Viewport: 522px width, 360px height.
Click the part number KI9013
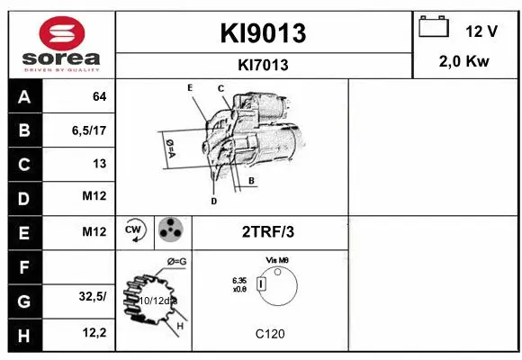264,33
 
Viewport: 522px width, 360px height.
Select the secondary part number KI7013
264,64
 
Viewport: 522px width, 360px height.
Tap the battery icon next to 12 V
434,28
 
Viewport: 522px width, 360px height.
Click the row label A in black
23,96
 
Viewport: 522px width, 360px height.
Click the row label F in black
23,266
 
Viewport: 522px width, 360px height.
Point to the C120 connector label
269,334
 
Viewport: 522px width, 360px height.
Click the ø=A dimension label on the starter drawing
168,146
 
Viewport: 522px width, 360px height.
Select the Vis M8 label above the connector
276,259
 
